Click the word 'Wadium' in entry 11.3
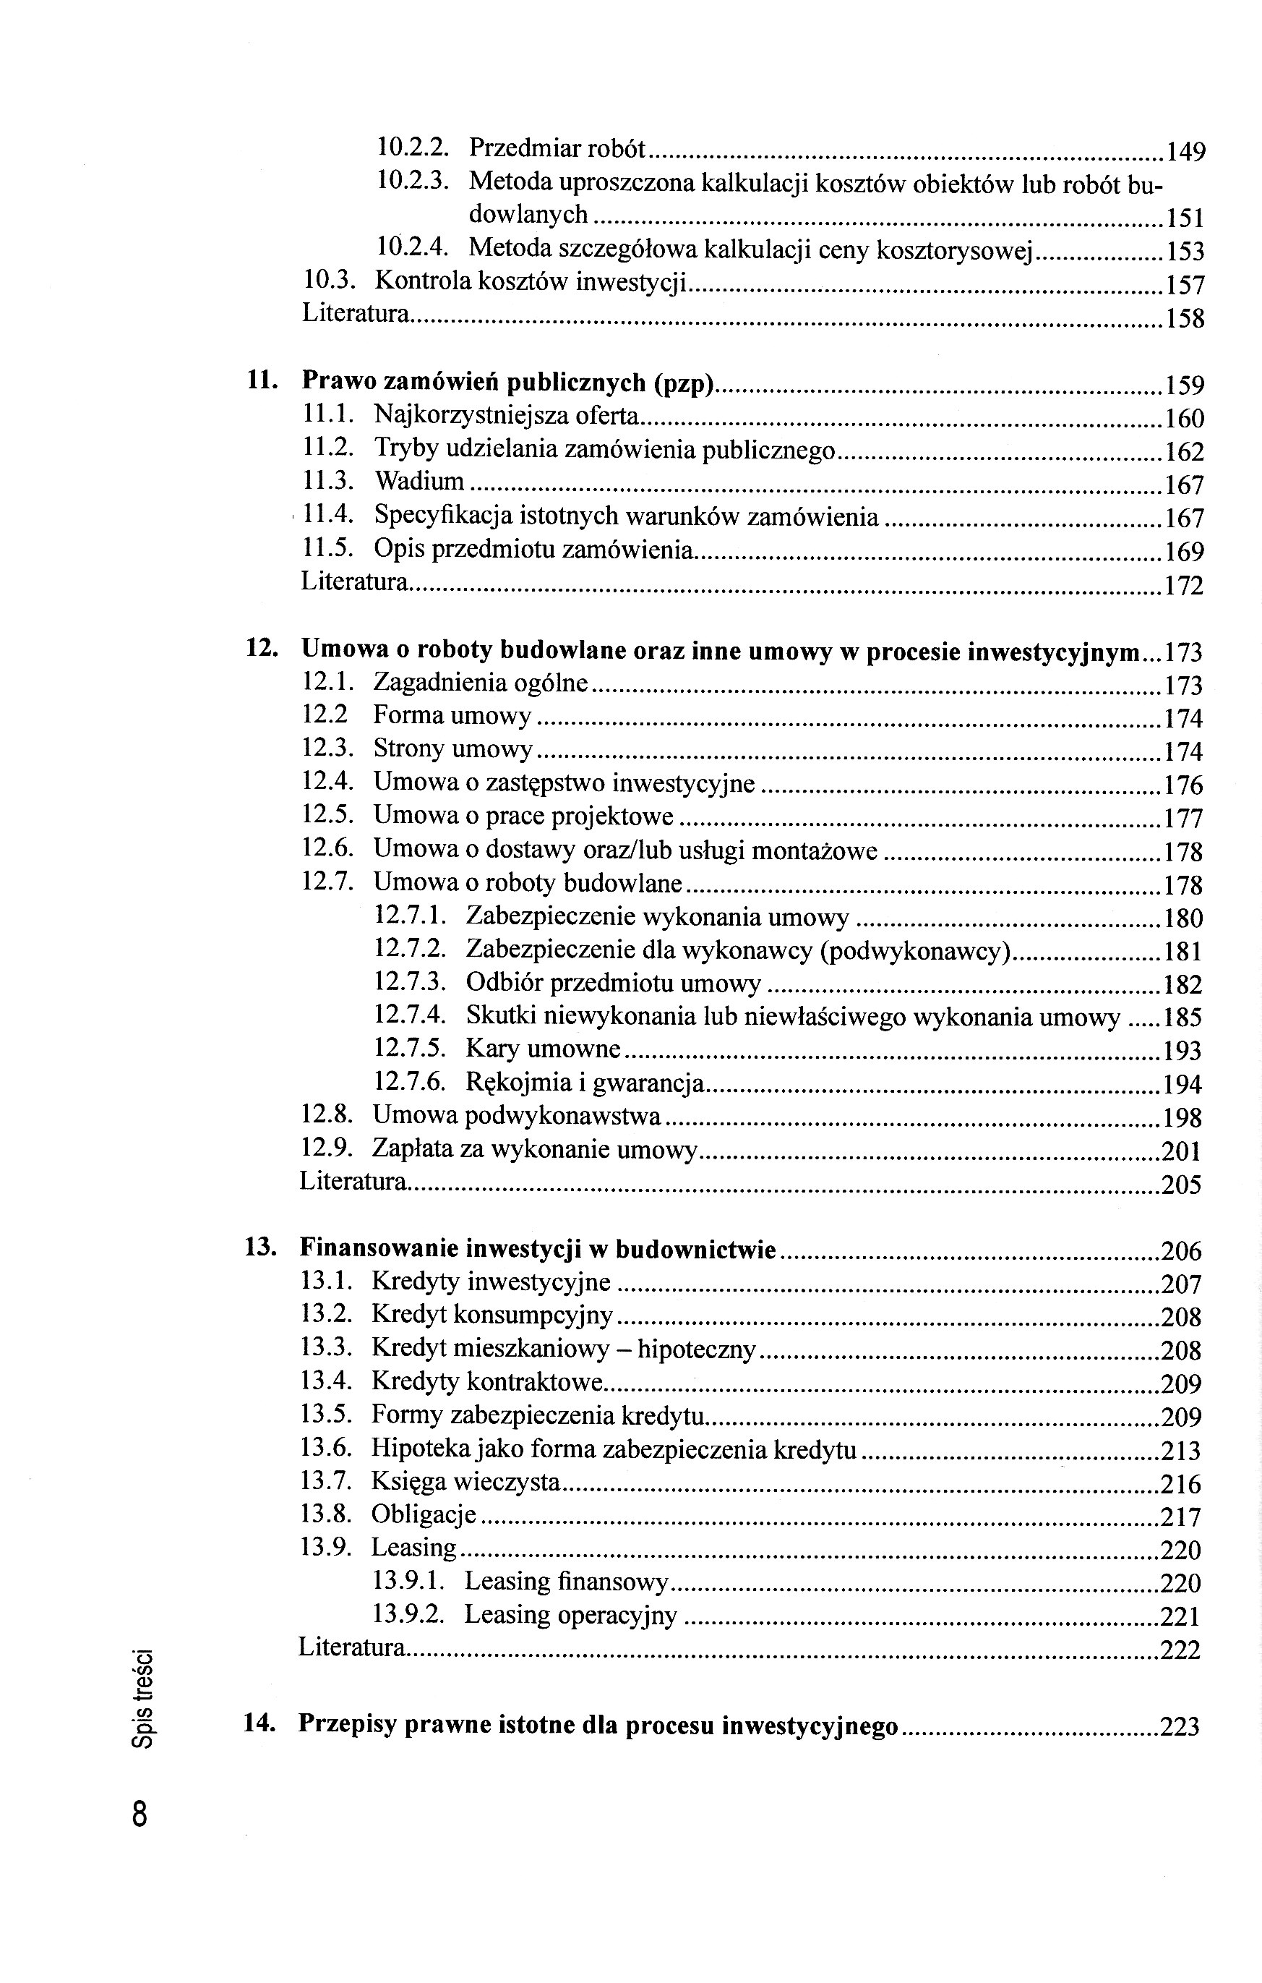419,481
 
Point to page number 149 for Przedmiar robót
1185,152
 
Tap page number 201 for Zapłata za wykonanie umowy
1181,1151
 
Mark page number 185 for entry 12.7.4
1183,1018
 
